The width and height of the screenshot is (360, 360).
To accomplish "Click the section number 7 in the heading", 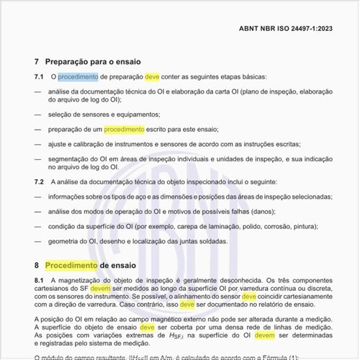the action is coord(37,62).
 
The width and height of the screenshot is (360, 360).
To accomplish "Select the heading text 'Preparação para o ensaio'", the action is coord(93,62).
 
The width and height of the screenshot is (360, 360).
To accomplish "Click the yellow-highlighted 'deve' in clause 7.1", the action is coord(153,77).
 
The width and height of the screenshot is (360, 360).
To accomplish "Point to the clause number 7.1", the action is coord(39,77).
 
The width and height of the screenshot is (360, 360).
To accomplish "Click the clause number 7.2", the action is coord(39,181).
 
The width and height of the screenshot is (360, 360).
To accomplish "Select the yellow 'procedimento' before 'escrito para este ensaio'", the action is coord(124,130).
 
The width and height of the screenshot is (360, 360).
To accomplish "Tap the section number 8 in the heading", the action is coord(37,265).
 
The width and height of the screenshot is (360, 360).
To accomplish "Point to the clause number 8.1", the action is coord(39,279).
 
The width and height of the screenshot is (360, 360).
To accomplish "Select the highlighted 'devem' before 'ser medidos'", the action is coord(102,288).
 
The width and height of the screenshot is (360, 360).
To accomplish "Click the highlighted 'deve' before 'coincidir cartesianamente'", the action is coord(249,297).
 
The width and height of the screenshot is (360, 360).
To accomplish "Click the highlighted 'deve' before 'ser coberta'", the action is coord(148,326).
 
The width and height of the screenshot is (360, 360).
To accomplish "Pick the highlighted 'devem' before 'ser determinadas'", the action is coord(265,335).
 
